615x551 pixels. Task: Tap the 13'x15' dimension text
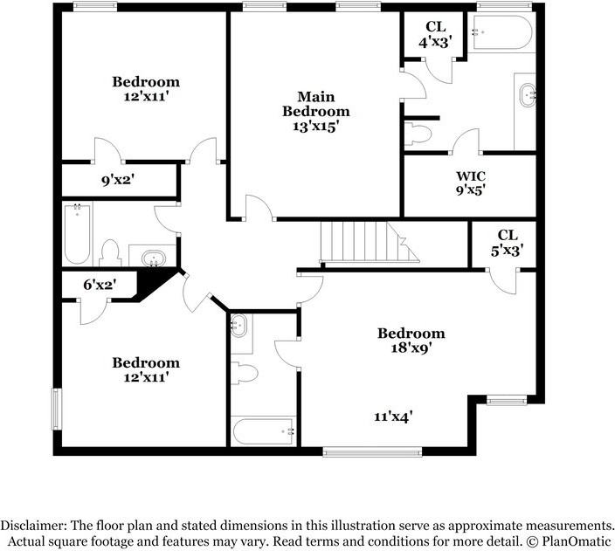pos(315,126)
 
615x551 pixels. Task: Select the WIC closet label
pos(470,176)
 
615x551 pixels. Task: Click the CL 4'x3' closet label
pos(434,34)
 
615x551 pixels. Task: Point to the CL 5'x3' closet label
pos(507,242)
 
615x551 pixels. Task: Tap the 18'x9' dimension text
pos(411,347)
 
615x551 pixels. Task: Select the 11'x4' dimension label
pos(393,417)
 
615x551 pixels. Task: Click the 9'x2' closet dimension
pos(117,181)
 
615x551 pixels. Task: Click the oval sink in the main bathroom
pos(527,96)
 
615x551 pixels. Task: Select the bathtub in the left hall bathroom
pos(77,234)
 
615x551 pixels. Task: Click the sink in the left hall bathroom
pos(155,258)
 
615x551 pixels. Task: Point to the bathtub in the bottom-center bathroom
pos(264,430)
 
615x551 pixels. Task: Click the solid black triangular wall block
pos(158,283)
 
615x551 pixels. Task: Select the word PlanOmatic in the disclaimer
pos(575,541)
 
